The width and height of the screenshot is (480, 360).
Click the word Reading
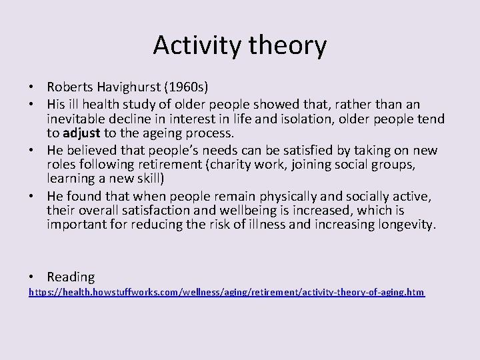[71, 276]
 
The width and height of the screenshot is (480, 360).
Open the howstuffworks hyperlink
[226, 293]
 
